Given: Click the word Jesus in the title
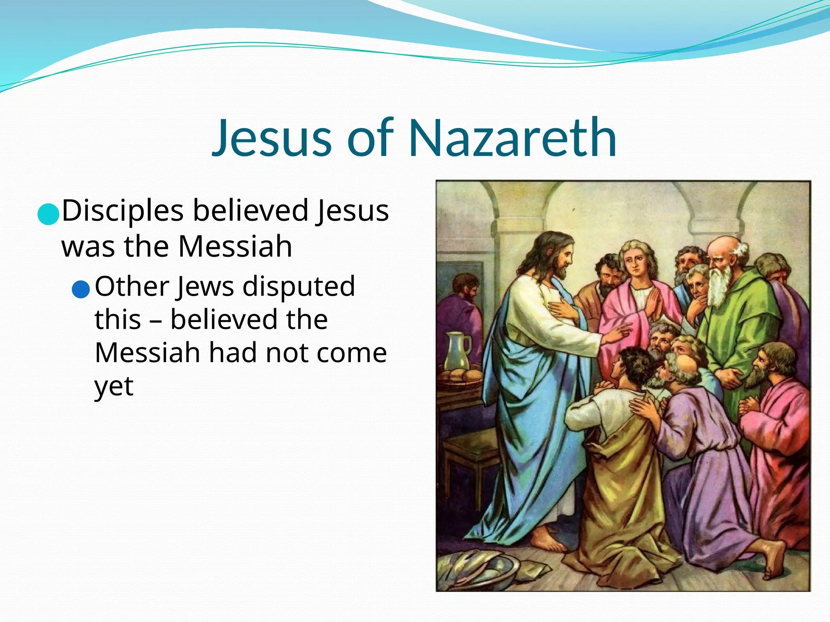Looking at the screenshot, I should (x=272, y=138).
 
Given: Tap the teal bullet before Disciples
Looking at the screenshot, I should (x=48, y=213).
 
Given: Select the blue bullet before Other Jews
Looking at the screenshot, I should (x=80, y=289).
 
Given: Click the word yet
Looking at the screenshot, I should (x=114, y=387).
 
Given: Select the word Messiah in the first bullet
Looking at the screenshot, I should (x=235, y=247).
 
